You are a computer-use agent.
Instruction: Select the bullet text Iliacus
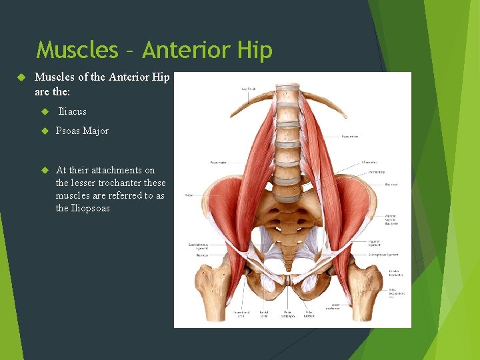pyautogui.click(x=72, y=111)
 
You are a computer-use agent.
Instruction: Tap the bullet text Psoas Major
pyautogui.click(x=82, y=131)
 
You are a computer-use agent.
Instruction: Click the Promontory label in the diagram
pyautogui.click(x=377, y=171)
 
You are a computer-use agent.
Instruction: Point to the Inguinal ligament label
pyautogui.click(x=374, y=244)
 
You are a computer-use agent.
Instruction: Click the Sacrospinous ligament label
pyautogui.click(x=385, y=255)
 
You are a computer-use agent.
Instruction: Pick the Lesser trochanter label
pyautogui.click(x=333, y=307)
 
